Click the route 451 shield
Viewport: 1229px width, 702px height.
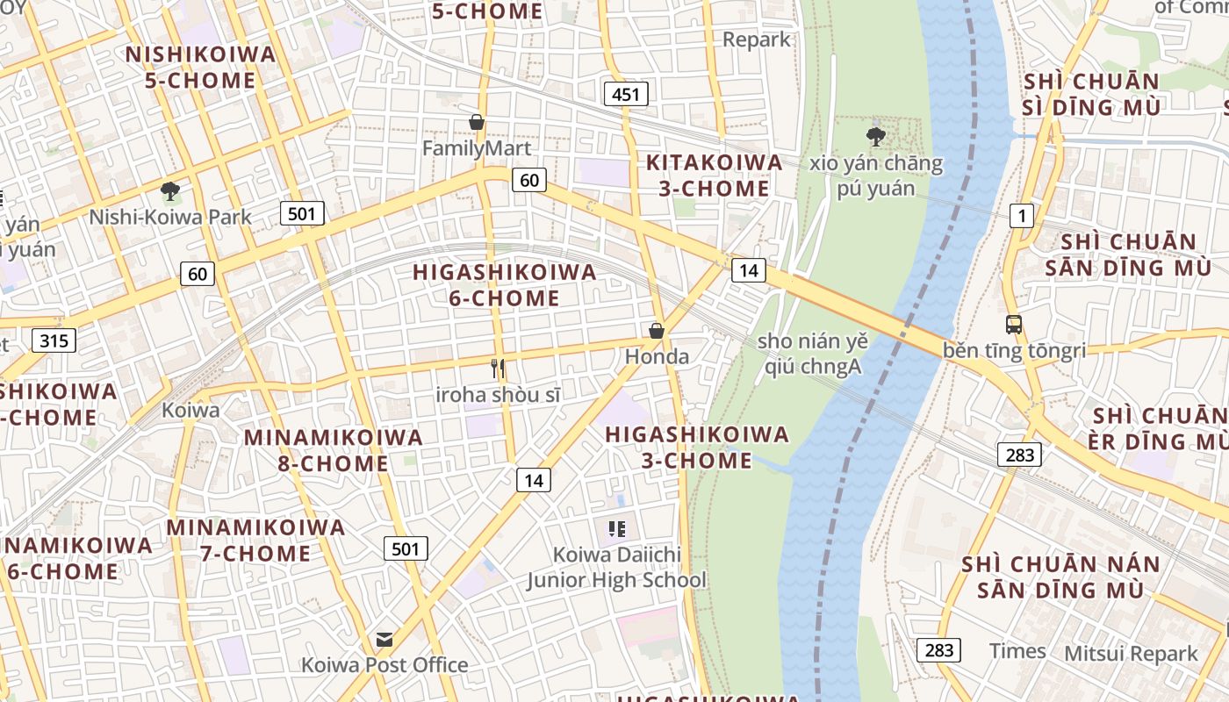pos(626,94)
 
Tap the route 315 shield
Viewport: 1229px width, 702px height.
pos(54,340)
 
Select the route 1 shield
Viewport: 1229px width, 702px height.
pos(1021,215)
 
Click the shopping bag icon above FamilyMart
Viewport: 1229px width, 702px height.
pos(477,122)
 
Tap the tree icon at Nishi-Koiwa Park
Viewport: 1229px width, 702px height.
pos(170,190)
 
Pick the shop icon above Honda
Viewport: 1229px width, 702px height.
pos(656,331)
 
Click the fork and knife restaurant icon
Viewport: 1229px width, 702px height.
pos(498,369)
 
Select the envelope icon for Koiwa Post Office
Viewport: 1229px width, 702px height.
pos(385,639)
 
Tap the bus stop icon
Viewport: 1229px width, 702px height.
pos(1014,324)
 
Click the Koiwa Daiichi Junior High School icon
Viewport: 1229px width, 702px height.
pos(617,528)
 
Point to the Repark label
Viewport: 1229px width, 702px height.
pos(757,39)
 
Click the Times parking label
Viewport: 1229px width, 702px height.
pos(1017,651)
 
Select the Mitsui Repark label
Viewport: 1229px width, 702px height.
pos(1131,654)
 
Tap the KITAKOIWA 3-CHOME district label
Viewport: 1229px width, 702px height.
pos(714,175)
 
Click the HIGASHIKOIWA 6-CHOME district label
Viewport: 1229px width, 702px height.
pos(505,285)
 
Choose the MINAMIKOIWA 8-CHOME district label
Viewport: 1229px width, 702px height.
pos(334,450)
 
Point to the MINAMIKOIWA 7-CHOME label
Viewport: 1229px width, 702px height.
pos(255,541)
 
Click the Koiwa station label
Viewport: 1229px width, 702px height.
pos(190,410)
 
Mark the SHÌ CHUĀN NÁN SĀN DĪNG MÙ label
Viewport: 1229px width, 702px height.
pos(1060,577)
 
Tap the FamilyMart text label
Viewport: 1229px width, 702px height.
pos(477,148)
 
